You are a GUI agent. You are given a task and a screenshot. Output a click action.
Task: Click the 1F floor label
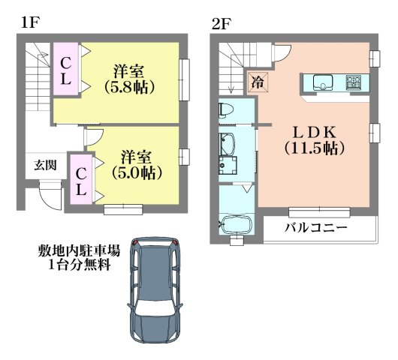coord(29,22)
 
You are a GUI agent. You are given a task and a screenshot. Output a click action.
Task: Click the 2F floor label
coord(220,22)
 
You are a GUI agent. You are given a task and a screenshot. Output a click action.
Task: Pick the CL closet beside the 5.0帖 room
coord(80,180)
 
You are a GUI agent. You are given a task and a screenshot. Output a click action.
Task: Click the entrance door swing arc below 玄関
coord(48,196)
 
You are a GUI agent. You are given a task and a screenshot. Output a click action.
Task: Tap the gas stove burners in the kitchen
coord(354,81)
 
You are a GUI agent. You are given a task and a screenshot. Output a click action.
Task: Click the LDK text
coord(308,130)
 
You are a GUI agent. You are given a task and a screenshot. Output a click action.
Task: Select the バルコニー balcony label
coord(315,228)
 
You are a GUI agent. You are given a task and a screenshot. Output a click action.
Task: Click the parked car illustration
coord(154,289)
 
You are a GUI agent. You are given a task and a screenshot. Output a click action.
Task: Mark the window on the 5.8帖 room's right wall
coord(185,79)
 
